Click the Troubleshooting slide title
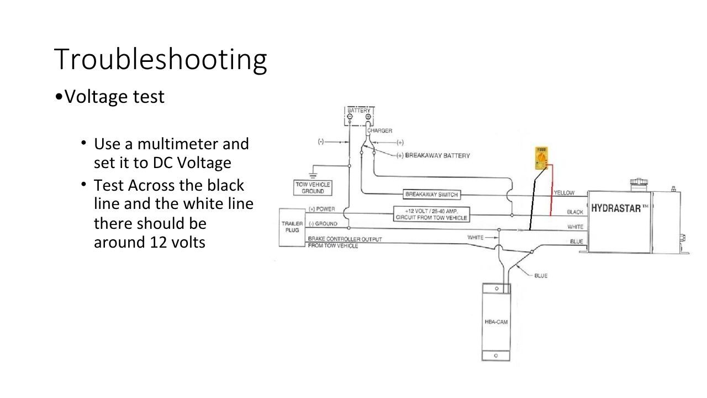(x=160, y=59)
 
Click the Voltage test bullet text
(x=114, y=97)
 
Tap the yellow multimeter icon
(x=541, y=158)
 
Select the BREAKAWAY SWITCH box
(x=431, y=195)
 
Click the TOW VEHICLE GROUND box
(x=313, y=187)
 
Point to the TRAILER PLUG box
(x=292, y=227)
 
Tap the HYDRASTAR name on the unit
(x=619, y=208)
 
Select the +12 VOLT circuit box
(x=431, y=214)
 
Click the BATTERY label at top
(x=359, y=111)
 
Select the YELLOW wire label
(x=563, y=193)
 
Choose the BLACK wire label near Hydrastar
(x=575, y=212)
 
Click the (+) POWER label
(x=322, y=209)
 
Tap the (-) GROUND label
(x=323, y=224)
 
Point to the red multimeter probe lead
(x=551, y=191)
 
